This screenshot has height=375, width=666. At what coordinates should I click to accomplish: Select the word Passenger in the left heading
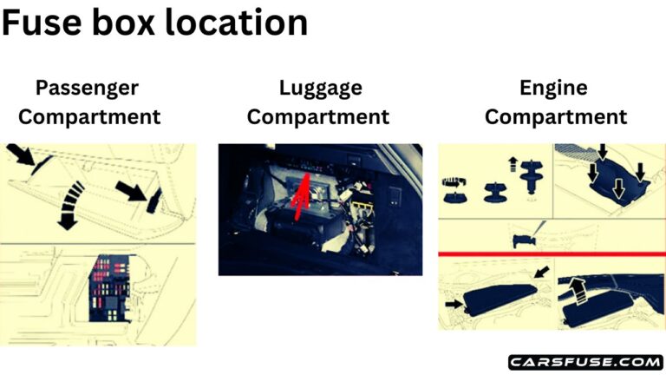tap(87, 88)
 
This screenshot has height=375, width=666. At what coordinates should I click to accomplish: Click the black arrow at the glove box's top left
tap(23, 159)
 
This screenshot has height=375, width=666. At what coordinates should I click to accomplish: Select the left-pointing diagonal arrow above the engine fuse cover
tap(542, 274)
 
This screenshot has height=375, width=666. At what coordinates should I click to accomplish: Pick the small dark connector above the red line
tap(527, 238)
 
